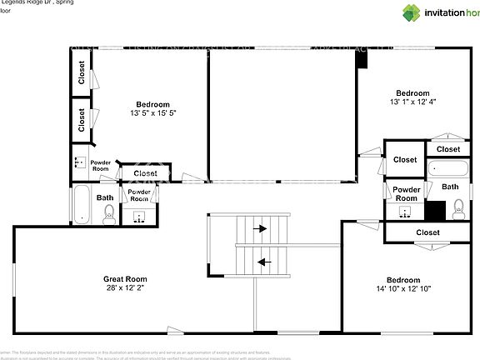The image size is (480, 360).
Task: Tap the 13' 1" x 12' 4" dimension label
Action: pos(412,102)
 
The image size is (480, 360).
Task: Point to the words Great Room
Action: pos(125,279)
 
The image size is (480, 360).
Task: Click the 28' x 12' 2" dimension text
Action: pos(125,288)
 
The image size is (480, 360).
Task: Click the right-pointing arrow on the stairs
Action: pos(261,227)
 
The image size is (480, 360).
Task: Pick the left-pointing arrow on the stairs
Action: pos(264,262)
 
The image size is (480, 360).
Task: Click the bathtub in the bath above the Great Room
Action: pos(82,205)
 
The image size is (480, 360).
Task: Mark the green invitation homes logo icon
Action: pos(412,12)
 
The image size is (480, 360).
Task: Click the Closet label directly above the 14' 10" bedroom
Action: pos(427,232)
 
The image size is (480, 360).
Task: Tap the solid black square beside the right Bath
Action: pos(435,210)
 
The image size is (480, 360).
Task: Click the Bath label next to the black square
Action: pos(450,187)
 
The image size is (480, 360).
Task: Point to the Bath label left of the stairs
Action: pos(105,197)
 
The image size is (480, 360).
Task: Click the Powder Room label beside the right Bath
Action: pos(406,193)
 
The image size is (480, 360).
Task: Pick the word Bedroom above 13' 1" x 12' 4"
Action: pos(412,92)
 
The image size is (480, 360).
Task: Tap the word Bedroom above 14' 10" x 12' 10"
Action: pos(403,280)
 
